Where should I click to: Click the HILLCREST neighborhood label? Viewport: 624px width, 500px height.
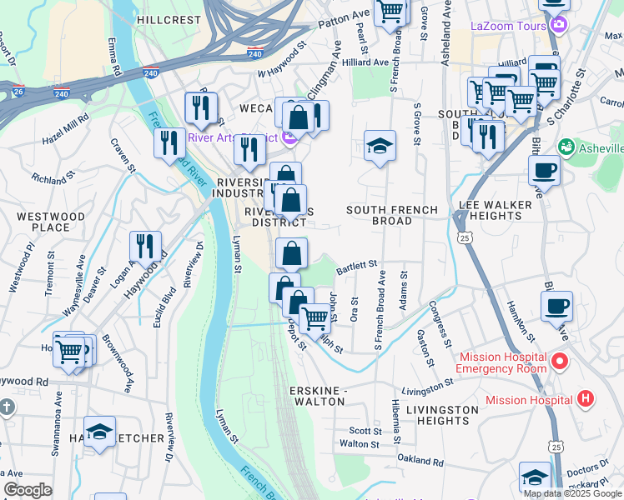169,19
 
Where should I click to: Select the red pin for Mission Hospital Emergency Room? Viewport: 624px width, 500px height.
559,363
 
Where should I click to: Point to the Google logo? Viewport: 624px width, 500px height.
28,490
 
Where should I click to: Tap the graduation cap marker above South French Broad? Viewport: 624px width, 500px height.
380,147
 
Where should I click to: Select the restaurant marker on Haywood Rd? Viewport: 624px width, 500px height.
146,247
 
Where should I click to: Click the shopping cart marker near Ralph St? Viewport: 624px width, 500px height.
314,318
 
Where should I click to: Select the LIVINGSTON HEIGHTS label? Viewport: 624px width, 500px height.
442,416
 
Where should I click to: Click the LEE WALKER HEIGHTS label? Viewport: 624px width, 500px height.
502,210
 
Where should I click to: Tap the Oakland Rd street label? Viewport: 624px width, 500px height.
420,460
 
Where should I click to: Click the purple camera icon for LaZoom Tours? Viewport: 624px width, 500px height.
556,25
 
